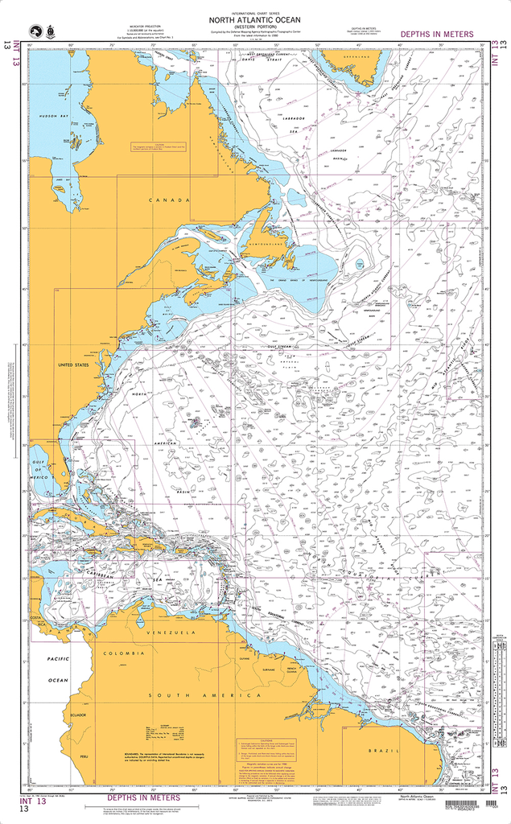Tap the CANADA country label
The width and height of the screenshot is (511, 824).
[x=171, y=200]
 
